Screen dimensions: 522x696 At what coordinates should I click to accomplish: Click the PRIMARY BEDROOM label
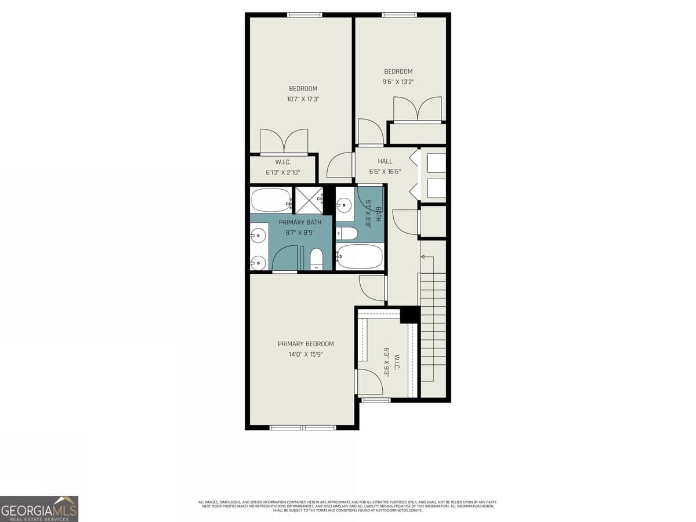pyautogui.click(x=306, y=344)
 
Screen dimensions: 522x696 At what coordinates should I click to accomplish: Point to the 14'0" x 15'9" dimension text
pyautogui.click(x=306, y=354)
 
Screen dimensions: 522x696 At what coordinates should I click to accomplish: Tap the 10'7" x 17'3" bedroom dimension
pyautogui.click(x=303, y=99)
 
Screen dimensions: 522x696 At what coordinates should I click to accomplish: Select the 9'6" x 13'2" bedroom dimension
pyautogui.click(x=398, y=82)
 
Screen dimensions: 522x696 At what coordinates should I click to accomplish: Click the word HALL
pyautogui.click(x=385, y=161)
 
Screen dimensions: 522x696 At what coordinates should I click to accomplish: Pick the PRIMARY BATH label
pyautogui.click(x=300, y=222)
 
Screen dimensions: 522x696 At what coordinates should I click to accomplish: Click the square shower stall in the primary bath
pyautogui.click(x=309, y=200)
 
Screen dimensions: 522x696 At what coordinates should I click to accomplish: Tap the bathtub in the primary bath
pyautogui.click(x=271, y=200)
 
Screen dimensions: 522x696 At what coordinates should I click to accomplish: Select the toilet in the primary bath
pyautogui.click(x=316, y=259)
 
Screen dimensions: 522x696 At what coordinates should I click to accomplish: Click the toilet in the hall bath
pyautogui.click(x=348, y=234)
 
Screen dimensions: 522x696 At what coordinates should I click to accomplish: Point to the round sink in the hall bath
pyautogui.click(x=345, y=204)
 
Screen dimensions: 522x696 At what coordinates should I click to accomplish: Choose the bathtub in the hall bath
pyautogui.click(x=360, y=256)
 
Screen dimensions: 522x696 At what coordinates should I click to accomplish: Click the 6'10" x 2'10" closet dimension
pyautogui.click(x=282, y=172)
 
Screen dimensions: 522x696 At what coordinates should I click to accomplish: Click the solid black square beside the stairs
pyautogui.click(x=409, y=314)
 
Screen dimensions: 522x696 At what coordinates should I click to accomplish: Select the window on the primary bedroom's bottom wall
pyautogui.click(x=303, y=427)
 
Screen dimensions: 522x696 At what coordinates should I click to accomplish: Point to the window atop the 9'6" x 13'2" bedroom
pyautogui.click(x=399, y=14)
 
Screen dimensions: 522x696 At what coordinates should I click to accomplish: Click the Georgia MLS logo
pyautogui.click(x=39, y=509)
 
